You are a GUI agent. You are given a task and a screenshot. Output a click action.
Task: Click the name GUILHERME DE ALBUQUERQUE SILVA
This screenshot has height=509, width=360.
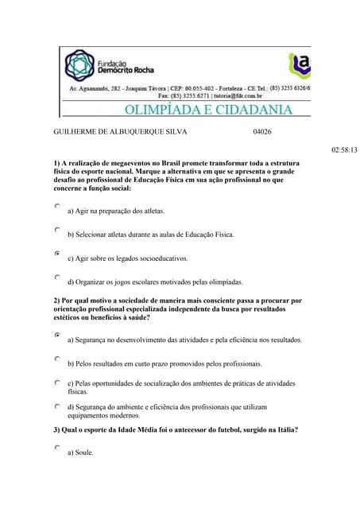pyautogui.click(x=119, y=133)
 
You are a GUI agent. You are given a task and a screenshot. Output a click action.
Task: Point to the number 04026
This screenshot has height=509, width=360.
pyautogui.click(x=262, y=133)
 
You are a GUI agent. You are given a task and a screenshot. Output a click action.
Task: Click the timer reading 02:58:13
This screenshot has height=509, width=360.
pyautogui.click(x=343, y=150)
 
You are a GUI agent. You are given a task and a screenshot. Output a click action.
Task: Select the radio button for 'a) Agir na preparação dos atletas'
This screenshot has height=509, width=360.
pyautogui.click(x=57, y=206)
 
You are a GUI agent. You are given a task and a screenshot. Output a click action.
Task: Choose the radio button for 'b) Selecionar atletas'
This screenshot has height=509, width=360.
pyautogui.click(x=57, y=230)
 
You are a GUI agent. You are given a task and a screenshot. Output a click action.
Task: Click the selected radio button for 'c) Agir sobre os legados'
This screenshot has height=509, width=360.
pyautogui.click(x=57, y=254)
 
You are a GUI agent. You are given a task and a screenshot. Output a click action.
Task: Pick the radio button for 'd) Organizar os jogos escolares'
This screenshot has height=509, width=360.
pyautogui.click(x=57, y=278)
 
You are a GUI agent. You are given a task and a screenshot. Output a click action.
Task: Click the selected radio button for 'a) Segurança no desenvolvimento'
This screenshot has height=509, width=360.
pyautogui.click(x=57, y=336)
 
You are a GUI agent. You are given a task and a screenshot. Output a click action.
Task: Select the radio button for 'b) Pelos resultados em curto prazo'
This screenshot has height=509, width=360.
pyautogui.click(x=57, y=359)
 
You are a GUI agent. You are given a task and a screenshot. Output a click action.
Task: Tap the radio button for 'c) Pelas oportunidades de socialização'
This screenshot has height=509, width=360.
pyautogui.click(x=57, y=383)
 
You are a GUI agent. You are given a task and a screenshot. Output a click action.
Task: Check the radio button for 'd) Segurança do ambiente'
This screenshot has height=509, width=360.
pyautogui.click(x=57, y=406)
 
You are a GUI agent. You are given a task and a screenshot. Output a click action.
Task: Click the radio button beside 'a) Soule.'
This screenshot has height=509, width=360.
pyautogui.click(x=57, y=449)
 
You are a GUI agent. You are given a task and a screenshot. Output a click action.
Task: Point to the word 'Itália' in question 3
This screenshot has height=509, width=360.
pyautogui.click(x=284, y=430)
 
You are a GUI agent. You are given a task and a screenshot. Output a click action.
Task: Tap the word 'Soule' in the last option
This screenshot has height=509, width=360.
pyautogui.click(x=83, y=453)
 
